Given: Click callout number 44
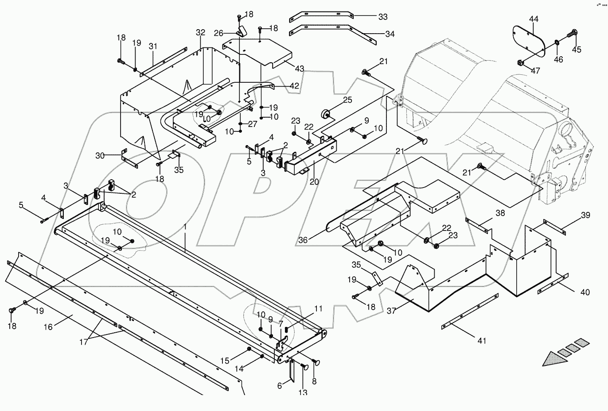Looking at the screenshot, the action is [x=534, y=19].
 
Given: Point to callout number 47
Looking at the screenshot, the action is [x=535, y=71].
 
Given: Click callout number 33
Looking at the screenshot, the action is [x=383, y=17].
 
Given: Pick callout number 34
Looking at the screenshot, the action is [x=390, y=34].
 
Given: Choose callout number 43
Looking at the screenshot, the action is [x=300, y=69].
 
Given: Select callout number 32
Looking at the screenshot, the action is [x=201, y=32].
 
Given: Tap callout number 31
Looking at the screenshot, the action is [x=153, y=46].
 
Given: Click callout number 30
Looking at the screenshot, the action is [x=100, y=156].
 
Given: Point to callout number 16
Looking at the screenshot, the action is [x=48, y=327].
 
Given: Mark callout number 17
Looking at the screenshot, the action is [x=84, y=342].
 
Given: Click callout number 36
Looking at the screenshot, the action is [x=303, y=240].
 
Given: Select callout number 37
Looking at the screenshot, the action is [x=391, y=311].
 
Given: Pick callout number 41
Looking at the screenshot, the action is [x=482, y=341].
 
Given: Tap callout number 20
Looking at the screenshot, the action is [x=314, y=182].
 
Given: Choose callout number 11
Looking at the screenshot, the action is [x=318, y=309].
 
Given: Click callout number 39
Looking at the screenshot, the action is [x=585, y=215].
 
